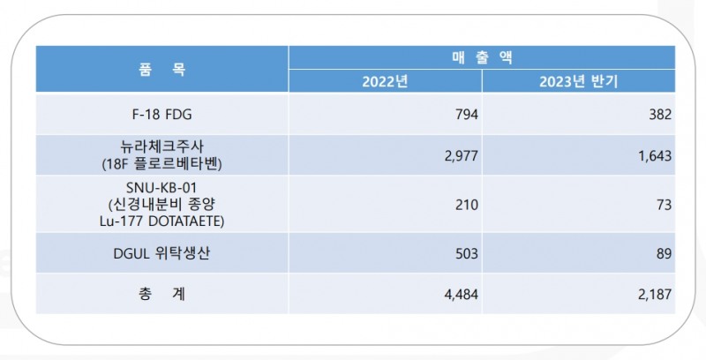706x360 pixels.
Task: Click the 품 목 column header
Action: pyautogui.click(x=161, y=70)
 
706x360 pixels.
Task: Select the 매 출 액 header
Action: pyautogui.click(x=482, y=57)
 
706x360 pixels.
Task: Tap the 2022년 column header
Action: pyautogui.click(x=385, y=82)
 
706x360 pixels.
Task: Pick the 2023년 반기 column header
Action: pyautogui.click(x=579, y=82)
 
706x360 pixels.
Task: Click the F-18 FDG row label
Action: pyautogui.click(x=161, y=115)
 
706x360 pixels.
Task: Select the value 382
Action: pyautogui.click(x=659, y=115)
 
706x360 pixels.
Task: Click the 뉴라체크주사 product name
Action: pyautogui.click(x=161, y=147)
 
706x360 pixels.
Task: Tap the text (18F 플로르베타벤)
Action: pyautogui.click(x=161, y=163)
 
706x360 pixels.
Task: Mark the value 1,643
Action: pyautogui.click(x=653, y=155)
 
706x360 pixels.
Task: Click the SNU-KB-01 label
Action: pyautogui.click(x=161, y=188)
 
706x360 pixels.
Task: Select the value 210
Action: pyautogui.click(x=466, y=205)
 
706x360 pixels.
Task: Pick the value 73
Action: pyautogui.click(x=663, y=205)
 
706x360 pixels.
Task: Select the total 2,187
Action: pyautogui.click(x=653, y=295)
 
